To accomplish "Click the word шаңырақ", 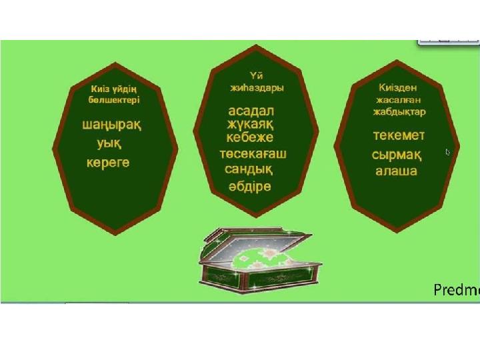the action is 112,125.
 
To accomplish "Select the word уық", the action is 109,143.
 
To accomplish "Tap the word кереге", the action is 108,163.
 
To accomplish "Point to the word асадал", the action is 251,111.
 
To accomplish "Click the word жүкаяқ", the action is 251,125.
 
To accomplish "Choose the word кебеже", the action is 250,137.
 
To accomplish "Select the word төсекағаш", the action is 253,153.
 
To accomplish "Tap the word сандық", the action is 249,169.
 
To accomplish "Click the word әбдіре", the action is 250,187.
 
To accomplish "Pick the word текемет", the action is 399,135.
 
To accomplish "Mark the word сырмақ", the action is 397,155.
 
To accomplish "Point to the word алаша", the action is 397,171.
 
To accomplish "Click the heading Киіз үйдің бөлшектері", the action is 114,95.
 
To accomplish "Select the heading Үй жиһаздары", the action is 257,82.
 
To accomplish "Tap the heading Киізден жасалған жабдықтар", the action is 399,100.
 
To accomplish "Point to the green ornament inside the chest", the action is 260,258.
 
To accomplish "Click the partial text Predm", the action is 457,289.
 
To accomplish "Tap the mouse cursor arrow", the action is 448,152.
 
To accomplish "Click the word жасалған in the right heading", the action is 399,100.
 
